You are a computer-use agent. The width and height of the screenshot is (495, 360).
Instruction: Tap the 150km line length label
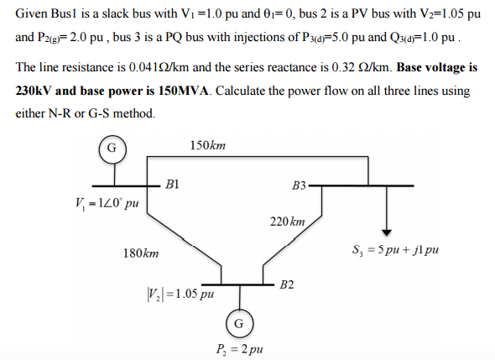pyautogui.click(x=208, y=145)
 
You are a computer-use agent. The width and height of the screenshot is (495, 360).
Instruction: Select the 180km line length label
pyautogui.click(x=141, y=253)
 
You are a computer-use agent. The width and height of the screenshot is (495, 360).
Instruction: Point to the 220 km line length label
pyautogui.click(x=287, y=222)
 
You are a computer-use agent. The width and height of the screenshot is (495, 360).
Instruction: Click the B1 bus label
pyautogui.click(x=172, y=184)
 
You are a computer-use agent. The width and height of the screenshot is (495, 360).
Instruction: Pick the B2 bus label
pyautogui.click(x=287, y=284)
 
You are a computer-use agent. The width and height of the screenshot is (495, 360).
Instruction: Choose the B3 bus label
pyautogui.click(x=299, y=185)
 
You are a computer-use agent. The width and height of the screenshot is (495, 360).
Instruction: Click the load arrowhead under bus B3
pyautogui.click(x=387, y=232)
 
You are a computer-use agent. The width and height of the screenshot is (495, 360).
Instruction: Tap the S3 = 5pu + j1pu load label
pyautogui.click(x=395, y=250)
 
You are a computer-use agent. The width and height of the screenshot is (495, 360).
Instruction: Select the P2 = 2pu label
pyautogui.click(x=239, y=349)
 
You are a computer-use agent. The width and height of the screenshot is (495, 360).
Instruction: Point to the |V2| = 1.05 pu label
pyautogui.click(x=180, y=294)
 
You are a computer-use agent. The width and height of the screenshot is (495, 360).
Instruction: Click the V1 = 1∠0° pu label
pyautogui.click(x=107, y=203)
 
